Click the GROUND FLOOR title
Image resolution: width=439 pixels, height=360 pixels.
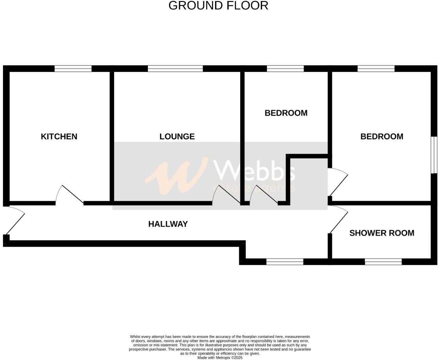218,5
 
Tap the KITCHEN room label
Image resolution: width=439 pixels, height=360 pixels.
59,136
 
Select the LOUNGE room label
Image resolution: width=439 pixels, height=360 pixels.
177,136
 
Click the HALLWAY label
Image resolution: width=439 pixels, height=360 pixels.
168,224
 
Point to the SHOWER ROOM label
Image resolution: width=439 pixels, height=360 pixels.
382,233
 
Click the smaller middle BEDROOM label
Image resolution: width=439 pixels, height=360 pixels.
286,113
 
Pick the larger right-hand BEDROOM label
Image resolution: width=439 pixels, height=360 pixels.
382,136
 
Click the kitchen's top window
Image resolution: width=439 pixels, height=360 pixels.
73,69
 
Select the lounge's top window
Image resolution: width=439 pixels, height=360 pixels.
175,69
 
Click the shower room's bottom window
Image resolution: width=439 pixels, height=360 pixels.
383,262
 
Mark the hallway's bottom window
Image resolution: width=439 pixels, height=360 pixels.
285,262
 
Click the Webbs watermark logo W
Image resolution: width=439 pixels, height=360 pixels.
177,176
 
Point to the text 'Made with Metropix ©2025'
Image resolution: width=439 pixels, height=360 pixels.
220,358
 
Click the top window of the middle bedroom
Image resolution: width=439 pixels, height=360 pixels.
285,69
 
